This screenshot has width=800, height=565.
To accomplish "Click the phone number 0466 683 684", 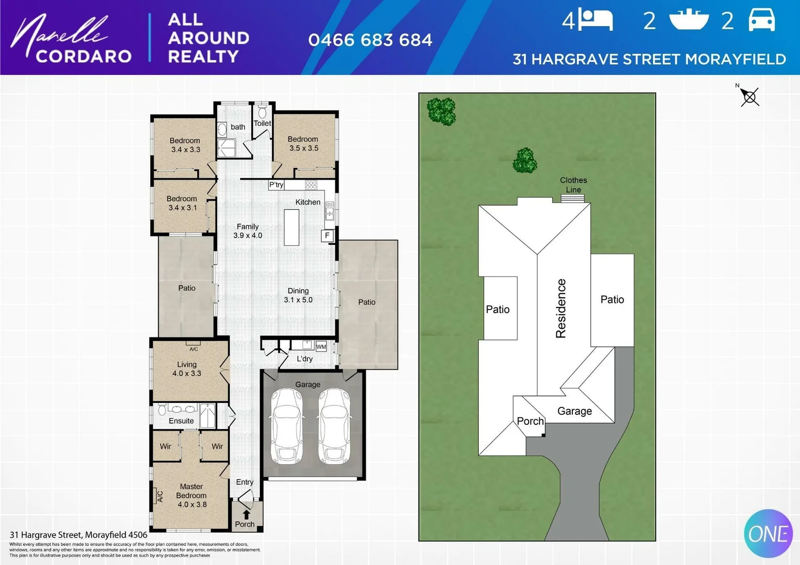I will pos(370,40).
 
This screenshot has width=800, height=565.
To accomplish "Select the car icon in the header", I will pos(761,21).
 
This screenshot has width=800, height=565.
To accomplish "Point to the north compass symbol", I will pos(749,97).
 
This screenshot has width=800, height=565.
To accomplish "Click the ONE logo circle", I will pos(768,534).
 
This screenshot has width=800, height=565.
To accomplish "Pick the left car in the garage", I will pos(285,426).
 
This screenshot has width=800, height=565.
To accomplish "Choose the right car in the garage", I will pos(334,426).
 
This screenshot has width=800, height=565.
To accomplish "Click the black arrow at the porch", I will pos(246,515).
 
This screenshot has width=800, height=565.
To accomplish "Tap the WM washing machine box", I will pos(321,346).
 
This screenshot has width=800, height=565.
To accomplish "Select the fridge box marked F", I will pos(328,236).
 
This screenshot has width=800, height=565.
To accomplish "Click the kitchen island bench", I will pos(291,227).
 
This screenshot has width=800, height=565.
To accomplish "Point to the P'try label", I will pos(276,185).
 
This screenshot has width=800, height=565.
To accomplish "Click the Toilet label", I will pos(262,123).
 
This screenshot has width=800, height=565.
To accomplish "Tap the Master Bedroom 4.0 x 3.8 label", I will pos(191,495).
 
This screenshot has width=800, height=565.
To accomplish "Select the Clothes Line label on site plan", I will pos(573,185).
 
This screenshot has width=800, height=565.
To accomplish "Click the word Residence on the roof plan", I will pos(561,309).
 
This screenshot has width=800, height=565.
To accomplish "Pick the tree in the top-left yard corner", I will pos(441,111).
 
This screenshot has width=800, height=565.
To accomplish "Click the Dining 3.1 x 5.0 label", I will pos(298,295).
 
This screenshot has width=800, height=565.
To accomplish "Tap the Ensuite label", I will pos(181,421).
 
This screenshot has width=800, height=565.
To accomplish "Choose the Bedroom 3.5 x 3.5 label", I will pos(303,143).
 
